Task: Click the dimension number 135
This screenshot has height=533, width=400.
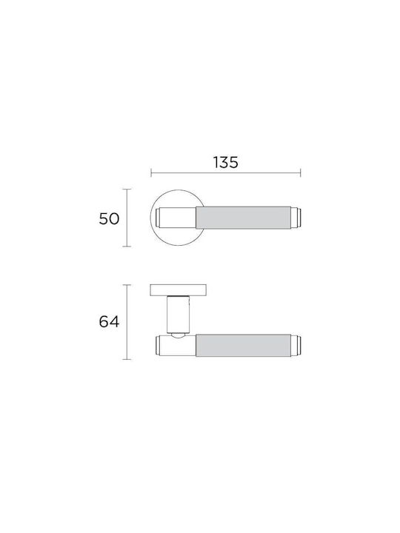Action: (x=226, y=162)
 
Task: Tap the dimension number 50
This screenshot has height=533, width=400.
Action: (x=109, y=218)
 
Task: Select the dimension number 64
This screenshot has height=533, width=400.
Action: (x=109, y=321)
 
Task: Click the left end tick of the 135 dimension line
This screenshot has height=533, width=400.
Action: (x=151, y=172)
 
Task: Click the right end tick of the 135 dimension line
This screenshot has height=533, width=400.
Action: (x=300, y=172)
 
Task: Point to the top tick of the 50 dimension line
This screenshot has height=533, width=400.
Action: (x=127, y=190)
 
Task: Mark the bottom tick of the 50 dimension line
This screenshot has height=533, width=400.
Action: (x=127, y=247)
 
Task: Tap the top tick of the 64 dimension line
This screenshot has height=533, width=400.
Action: (x=127, y=285)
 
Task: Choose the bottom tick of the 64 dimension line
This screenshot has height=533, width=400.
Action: (x=127, y=359)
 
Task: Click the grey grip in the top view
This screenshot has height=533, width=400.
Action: (x=243, y=218)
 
